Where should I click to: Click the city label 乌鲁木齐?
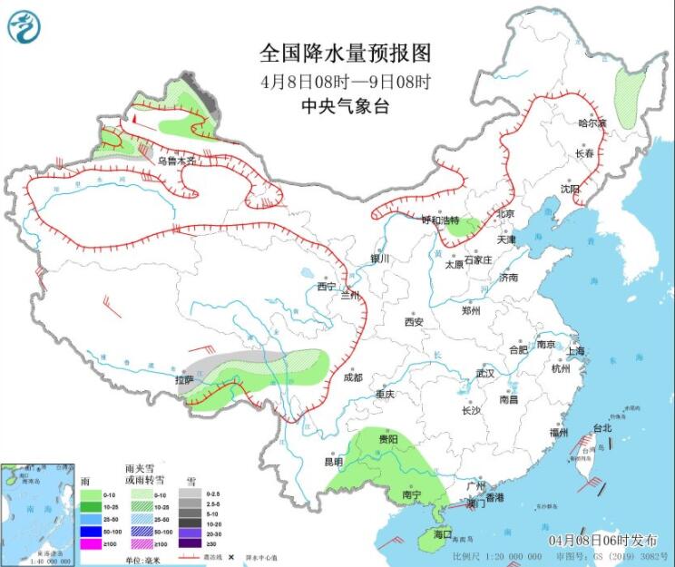pos(177,161)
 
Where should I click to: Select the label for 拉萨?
pos(184,379)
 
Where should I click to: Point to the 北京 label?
pos(505,214)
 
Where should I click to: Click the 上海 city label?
pos(574,350)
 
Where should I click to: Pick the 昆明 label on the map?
pos(334,461)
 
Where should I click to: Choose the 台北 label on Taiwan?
pos(602,428)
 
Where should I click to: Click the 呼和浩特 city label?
pos(441,220)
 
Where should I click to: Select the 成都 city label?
pos(352,377)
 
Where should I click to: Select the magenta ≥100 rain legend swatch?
pos(91,543)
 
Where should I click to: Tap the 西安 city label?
pos(415,321)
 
